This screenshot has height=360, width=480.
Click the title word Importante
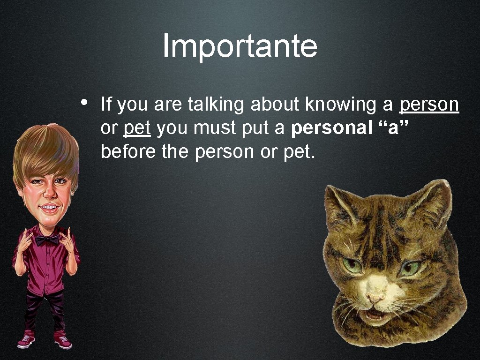[x=240, y=46]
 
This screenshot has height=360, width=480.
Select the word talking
[x=216, y=105]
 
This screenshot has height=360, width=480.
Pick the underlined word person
[x=429, y=105]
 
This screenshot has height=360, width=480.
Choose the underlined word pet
[x=137, y=128]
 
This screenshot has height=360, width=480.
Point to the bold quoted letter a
[x=393, y=128]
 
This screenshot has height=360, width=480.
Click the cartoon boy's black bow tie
[x=47, y=240]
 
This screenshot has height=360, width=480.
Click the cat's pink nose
[x=375, y=297]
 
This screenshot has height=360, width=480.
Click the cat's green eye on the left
[x=352, y=265]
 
